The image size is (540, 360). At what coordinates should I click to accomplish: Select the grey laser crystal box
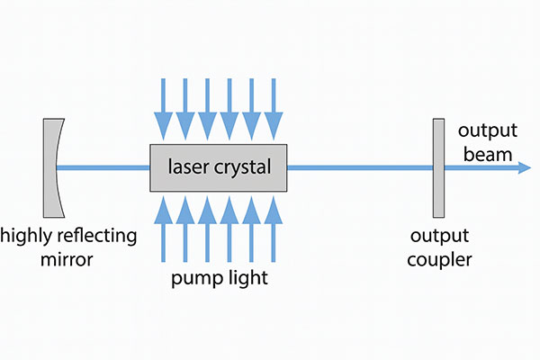pyautogui.click(x=219, y=167)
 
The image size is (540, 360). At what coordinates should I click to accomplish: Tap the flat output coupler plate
pyautogui.click(x=438, y=168)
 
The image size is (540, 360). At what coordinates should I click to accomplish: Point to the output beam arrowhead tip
pyautogui.click(x=531, y=167)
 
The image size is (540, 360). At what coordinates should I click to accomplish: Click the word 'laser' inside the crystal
pyautogui.click(x=188, y=166)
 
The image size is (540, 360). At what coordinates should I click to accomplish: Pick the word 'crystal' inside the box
pyautogui.click(x=242, y=167)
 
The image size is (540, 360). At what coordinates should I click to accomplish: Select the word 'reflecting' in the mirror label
pyautogui.click(x=97, y=237)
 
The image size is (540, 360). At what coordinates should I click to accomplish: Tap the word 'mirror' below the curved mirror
pyautogui.click(x=67, y=259)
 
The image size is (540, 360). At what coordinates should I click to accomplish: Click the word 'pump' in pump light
pyautogui.click(x=196, y=279)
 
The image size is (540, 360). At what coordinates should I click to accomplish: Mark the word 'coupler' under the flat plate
pyautogui.click(x=439, y=260)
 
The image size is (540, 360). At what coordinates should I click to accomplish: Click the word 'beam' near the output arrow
pyautogui.click(x=488, y=154)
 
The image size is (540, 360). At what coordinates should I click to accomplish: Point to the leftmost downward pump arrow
pyautogui.click(x=163, y=109)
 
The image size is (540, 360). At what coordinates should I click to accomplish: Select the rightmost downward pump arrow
pyautogui.click(x=274, y=109)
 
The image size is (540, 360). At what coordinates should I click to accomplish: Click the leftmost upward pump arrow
pyautogui.click(x=163, y=229)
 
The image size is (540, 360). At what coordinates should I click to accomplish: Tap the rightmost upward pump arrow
pyautogui.click(x=274, y=229)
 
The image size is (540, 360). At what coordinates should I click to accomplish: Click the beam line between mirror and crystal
pyautogui.click(x=103, y=167)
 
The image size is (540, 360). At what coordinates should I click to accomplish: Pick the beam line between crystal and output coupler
pyautogui.click(x=360, y=167)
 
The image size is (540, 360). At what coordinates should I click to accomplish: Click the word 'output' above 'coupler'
pyautogui.click(x=439, y=237)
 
